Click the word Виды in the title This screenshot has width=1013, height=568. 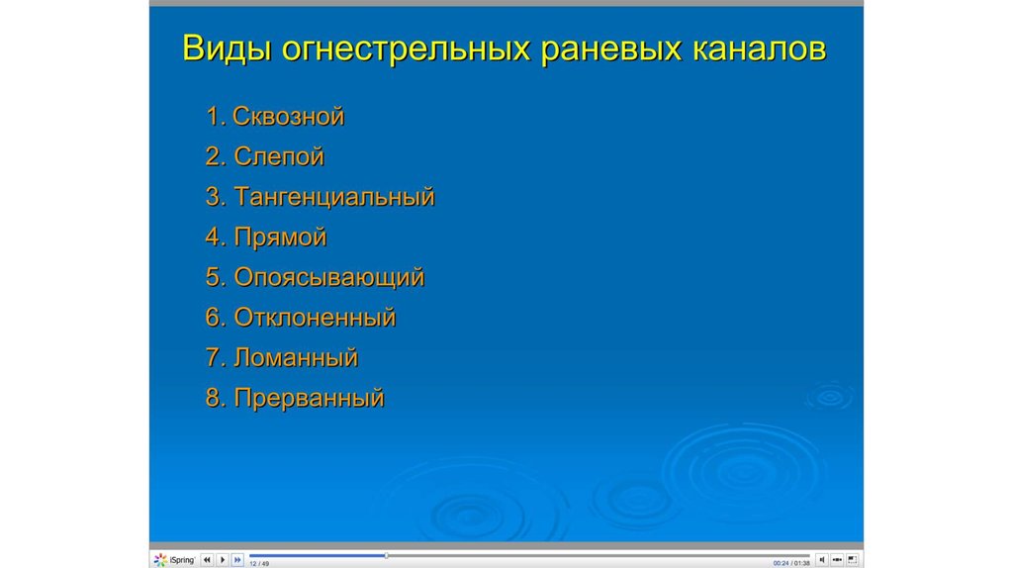click(227, 49)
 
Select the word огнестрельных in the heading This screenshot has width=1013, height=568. click(406, 49)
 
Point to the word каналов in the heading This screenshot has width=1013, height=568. click(759, 49)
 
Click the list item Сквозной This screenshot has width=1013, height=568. click(288, 117)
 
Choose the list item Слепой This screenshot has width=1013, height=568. click(279, 157)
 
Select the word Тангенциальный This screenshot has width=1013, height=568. click(334, 197)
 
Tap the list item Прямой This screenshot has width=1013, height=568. click(280, 237)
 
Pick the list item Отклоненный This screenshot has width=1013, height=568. click(315, 318)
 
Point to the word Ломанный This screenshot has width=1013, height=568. click(296, 357)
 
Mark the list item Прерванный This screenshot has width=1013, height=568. click(309, 398)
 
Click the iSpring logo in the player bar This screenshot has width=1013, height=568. click(174, 560)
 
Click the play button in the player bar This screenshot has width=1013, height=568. click(223, 560)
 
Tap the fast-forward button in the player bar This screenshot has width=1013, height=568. click(237, 560)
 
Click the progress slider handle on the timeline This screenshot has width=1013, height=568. click(387, 556)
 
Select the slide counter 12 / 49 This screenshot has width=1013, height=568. click(259, 563)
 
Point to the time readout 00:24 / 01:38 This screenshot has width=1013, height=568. click(791, 563)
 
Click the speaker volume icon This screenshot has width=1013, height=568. click(822, 560)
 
